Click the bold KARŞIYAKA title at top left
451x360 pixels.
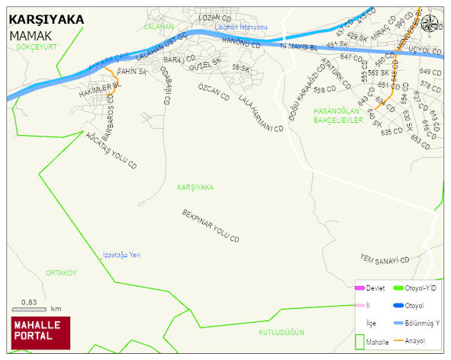point(46,20)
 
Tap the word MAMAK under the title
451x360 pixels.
point(31,35)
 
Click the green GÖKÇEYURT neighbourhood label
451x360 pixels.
point(37,47)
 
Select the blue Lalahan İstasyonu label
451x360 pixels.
point(241,27)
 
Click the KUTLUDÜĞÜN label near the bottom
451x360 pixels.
point(282,333)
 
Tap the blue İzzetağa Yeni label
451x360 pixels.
point(122,255)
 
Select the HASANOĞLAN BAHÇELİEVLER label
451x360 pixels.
point(341,115)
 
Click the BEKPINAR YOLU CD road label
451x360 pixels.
point(211,227)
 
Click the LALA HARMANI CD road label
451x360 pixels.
point(260,114)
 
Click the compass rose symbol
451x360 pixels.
point(430,22)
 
